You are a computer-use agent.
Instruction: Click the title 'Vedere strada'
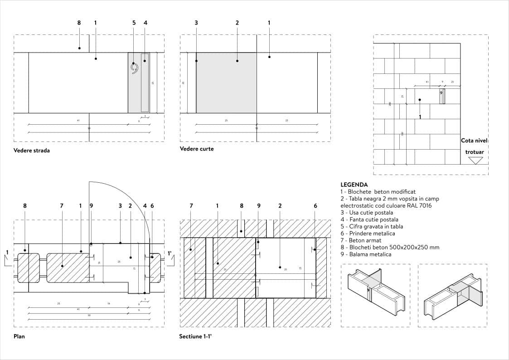point(32,151)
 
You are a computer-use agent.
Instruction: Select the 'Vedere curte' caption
point(197,149)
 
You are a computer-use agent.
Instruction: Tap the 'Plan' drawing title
point(19,337)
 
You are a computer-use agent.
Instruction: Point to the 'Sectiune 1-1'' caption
point(196,337)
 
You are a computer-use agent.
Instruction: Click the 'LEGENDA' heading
point(354,185)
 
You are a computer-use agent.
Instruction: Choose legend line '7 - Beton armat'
point(361,240)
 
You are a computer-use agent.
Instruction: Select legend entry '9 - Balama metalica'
point(366,254)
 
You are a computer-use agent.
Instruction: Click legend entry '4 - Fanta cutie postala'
point(369,219)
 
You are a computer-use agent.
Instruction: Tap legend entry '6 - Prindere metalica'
point(368,234)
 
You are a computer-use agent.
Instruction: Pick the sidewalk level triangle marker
point(475,161)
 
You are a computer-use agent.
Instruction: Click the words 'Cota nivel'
point(474,141)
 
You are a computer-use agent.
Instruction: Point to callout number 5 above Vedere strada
point(134,23)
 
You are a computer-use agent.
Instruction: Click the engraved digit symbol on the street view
point(134,68)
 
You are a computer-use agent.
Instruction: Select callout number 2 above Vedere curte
point(237,23)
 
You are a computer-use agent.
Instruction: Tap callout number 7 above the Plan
point(62,206)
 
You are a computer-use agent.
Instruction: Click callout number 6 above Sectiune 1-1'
point(315,206)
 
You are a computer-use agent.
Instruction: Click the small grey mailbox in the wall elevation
point(441,96)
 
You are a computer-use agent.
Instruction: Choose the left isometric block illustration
point(375,296)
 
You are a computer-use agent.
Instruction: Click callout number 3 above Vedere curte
point(196,23)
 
